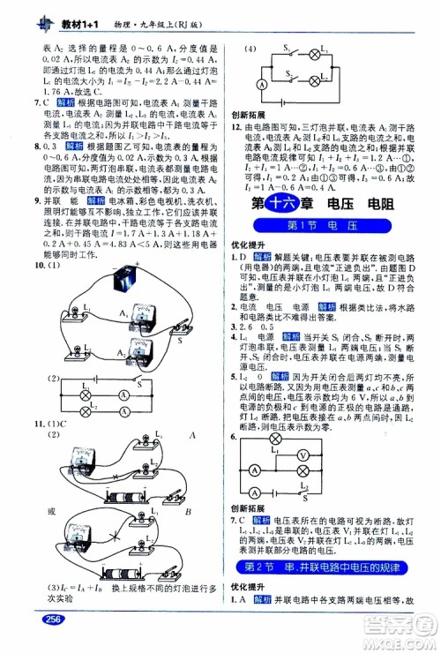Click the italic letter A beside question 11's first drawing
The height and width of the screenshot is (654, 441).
coord(190,435)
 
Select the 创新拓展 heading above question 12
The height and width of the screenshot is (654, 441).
coord(247,116)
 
